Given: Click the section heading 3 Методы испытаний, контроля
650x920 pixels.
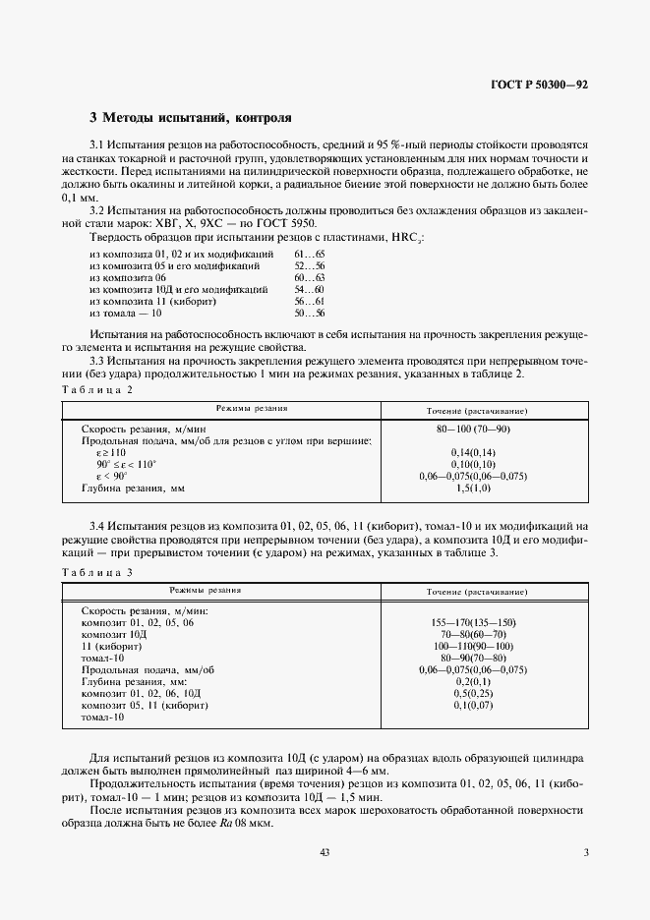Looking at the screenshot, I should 191,118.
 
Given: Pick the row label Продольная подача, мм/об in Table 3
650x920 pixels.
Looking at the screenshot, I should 148,670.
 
